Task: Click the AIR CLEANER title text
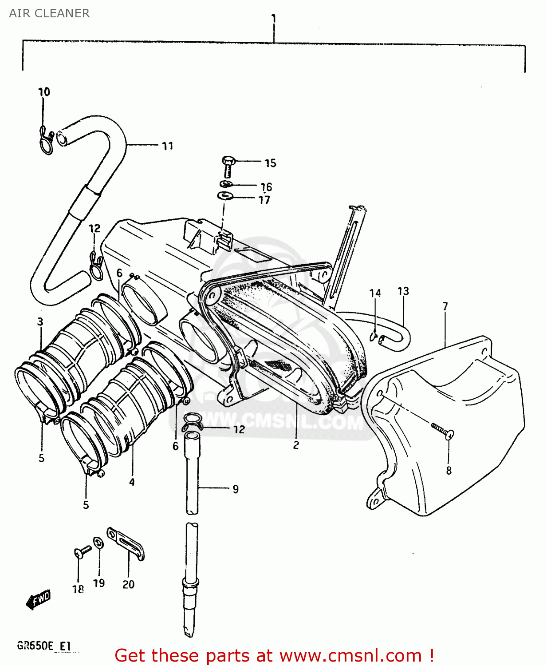(x=49, y=13)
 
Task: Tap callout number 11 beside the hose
(x=167, y=146)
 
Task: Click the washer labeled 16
(x=226, y=184)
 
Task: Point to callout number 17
(x=264, y=200)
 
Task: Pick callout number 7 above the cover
(x=445, y=306)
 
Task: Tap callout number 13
(x=403, y=291)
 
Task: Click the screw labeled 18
(x=82, y=552)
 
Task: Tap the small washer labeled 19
(x=98, y=542)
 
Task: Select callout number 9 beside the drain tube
(x=236, y=489)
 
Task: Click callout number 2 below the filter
(x=296, y=445)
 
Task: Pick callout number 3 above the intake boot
(x=40, y=321)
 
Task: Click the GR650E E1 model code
(x=44, y=646)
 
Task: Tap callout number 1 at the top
(x=274, y=19)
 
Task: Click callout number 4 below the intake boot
(x=132, y=482)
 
